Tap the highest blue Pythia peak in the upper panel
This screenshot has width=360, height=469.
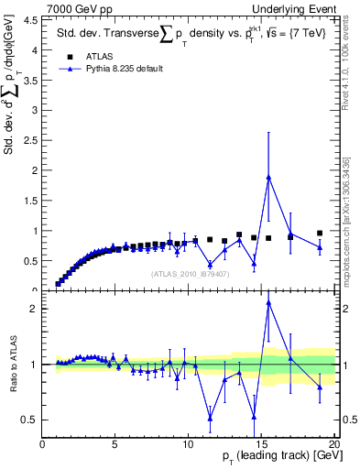[268, 177]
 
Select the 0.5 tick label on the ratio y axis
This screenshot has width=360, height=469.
[28, 420]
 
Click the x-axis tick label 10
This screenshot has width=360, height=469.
[188, 446]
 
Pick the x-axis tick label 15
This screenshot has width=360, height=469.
[260, 446]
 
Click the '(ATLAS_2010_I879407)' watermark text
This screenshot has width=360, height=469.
[188, 274]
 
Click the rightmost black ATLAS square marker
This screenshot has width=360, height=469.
[320, 234]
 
